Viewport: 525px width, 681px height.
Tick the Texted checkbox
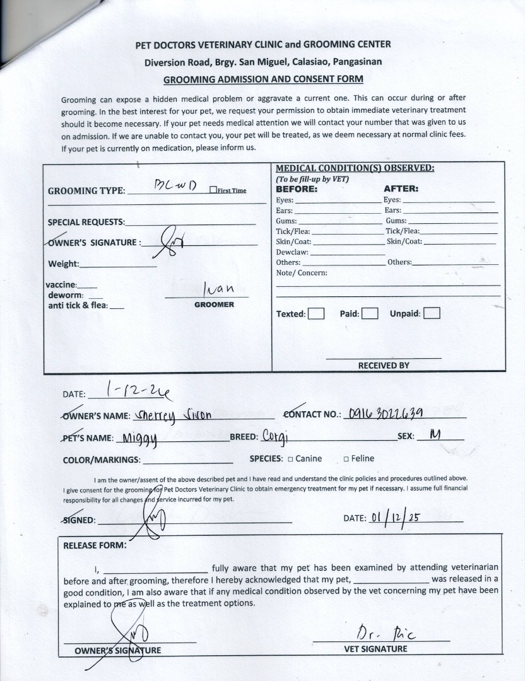[316, 313]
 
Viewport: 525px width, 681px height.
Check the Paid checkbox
[370, 313]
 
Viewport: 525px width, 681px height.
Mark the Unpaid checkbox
[432, 313]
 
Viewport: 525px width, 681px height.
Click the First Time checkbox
[213, 190]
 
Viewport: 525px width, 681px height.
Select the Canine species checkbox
[290, 459]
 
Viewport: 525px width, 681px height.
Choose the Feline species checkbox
[346, 459]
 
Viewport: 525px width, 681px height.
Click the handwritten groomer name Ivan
[218, 289]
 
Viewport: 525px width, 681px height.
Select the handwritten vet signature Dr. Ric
[379, 631]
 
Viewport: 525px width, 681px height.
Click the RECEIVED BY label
[384, 365]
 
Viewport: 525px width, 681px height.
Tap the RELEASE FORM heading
[95, 545]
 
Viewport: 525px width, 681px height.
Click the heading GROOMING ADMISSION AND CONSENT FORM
[263, 79]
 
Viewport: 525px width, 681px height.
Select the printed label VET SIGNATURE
[375, 649]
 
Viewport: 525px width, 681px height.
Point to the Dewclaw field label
[292, 252]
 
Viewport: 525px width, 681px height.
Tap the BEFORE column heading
[297, 189]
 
